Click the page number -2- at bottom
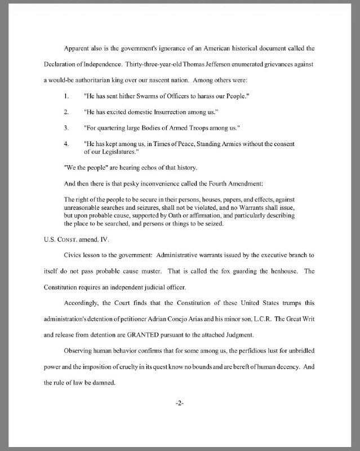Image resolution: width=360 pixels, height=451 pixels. click(180, 404)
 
